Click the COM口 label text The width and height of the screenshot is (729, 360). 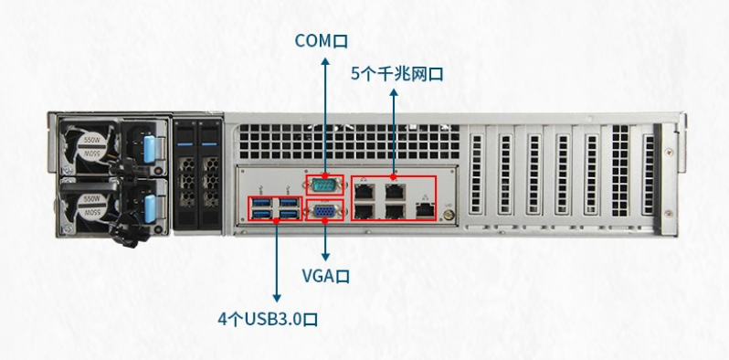322,40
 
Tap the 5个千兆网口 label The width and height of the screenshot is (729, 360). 396,73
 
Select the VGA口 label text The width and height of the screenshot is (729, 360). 326,274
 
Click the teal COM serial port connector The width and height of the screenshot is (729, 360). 323,185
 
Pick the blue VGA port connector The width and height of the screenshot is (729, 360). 323,212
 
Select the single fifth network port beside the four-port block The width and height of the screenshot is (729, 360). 425,208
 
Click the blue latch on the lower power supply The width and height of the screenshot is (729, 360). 148,207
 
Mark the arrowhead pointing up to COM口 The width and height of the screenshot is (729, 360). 324,59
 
